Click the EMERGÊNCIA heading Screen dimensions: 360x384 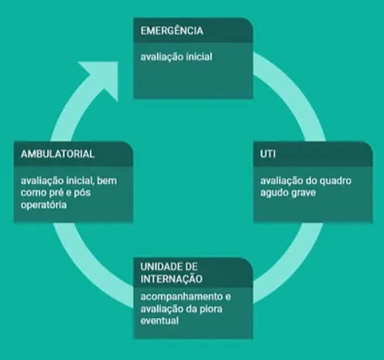171,31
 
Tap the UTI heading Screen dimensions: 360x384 268,154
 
